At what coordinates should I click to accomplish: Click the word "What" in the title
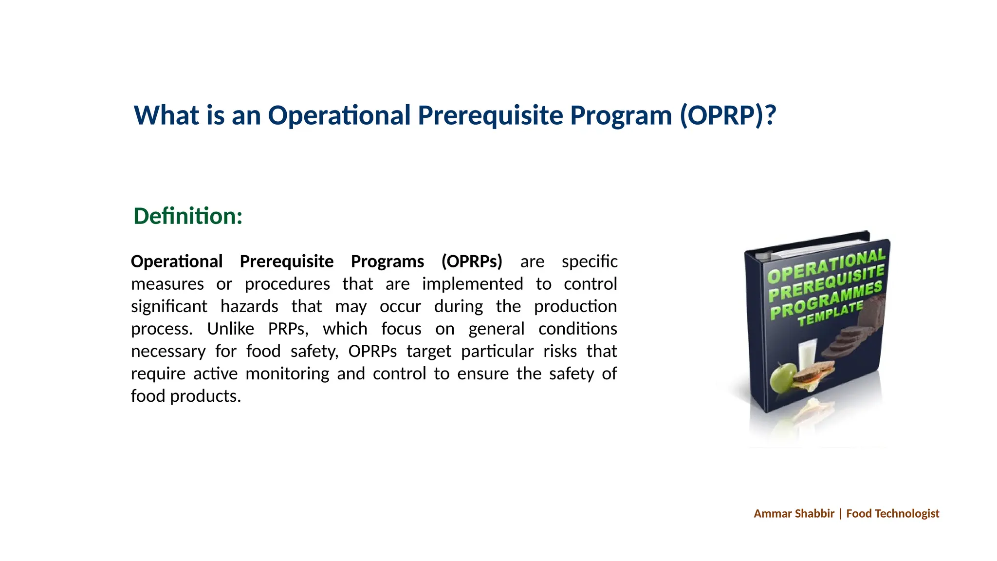(166, 115)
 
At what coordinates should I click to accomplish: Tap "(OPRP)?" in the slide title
(727, 115)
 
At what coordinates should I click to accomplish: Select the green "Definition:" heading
(188, 216)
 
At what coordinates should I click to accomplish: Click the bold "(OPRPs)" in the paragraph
(472, 262)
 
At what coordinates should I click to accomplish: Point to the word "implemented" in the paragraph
(472, 284)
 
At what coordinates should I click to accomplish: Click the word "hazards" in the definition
(249, 306)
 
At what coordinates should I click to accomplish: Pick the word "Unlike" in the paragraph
(230, 329)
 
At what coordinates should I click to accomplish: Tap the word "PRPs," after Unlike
(288, 329)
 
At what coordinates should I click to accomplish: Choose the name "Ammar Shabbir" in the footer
(794, 513)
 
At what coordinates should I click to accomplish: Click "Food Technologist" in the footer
(893, 513)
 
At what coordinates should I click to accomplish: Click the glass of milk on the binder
(807, 355)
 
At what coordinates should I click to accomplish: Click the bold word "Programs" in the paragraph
(388, 262)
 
